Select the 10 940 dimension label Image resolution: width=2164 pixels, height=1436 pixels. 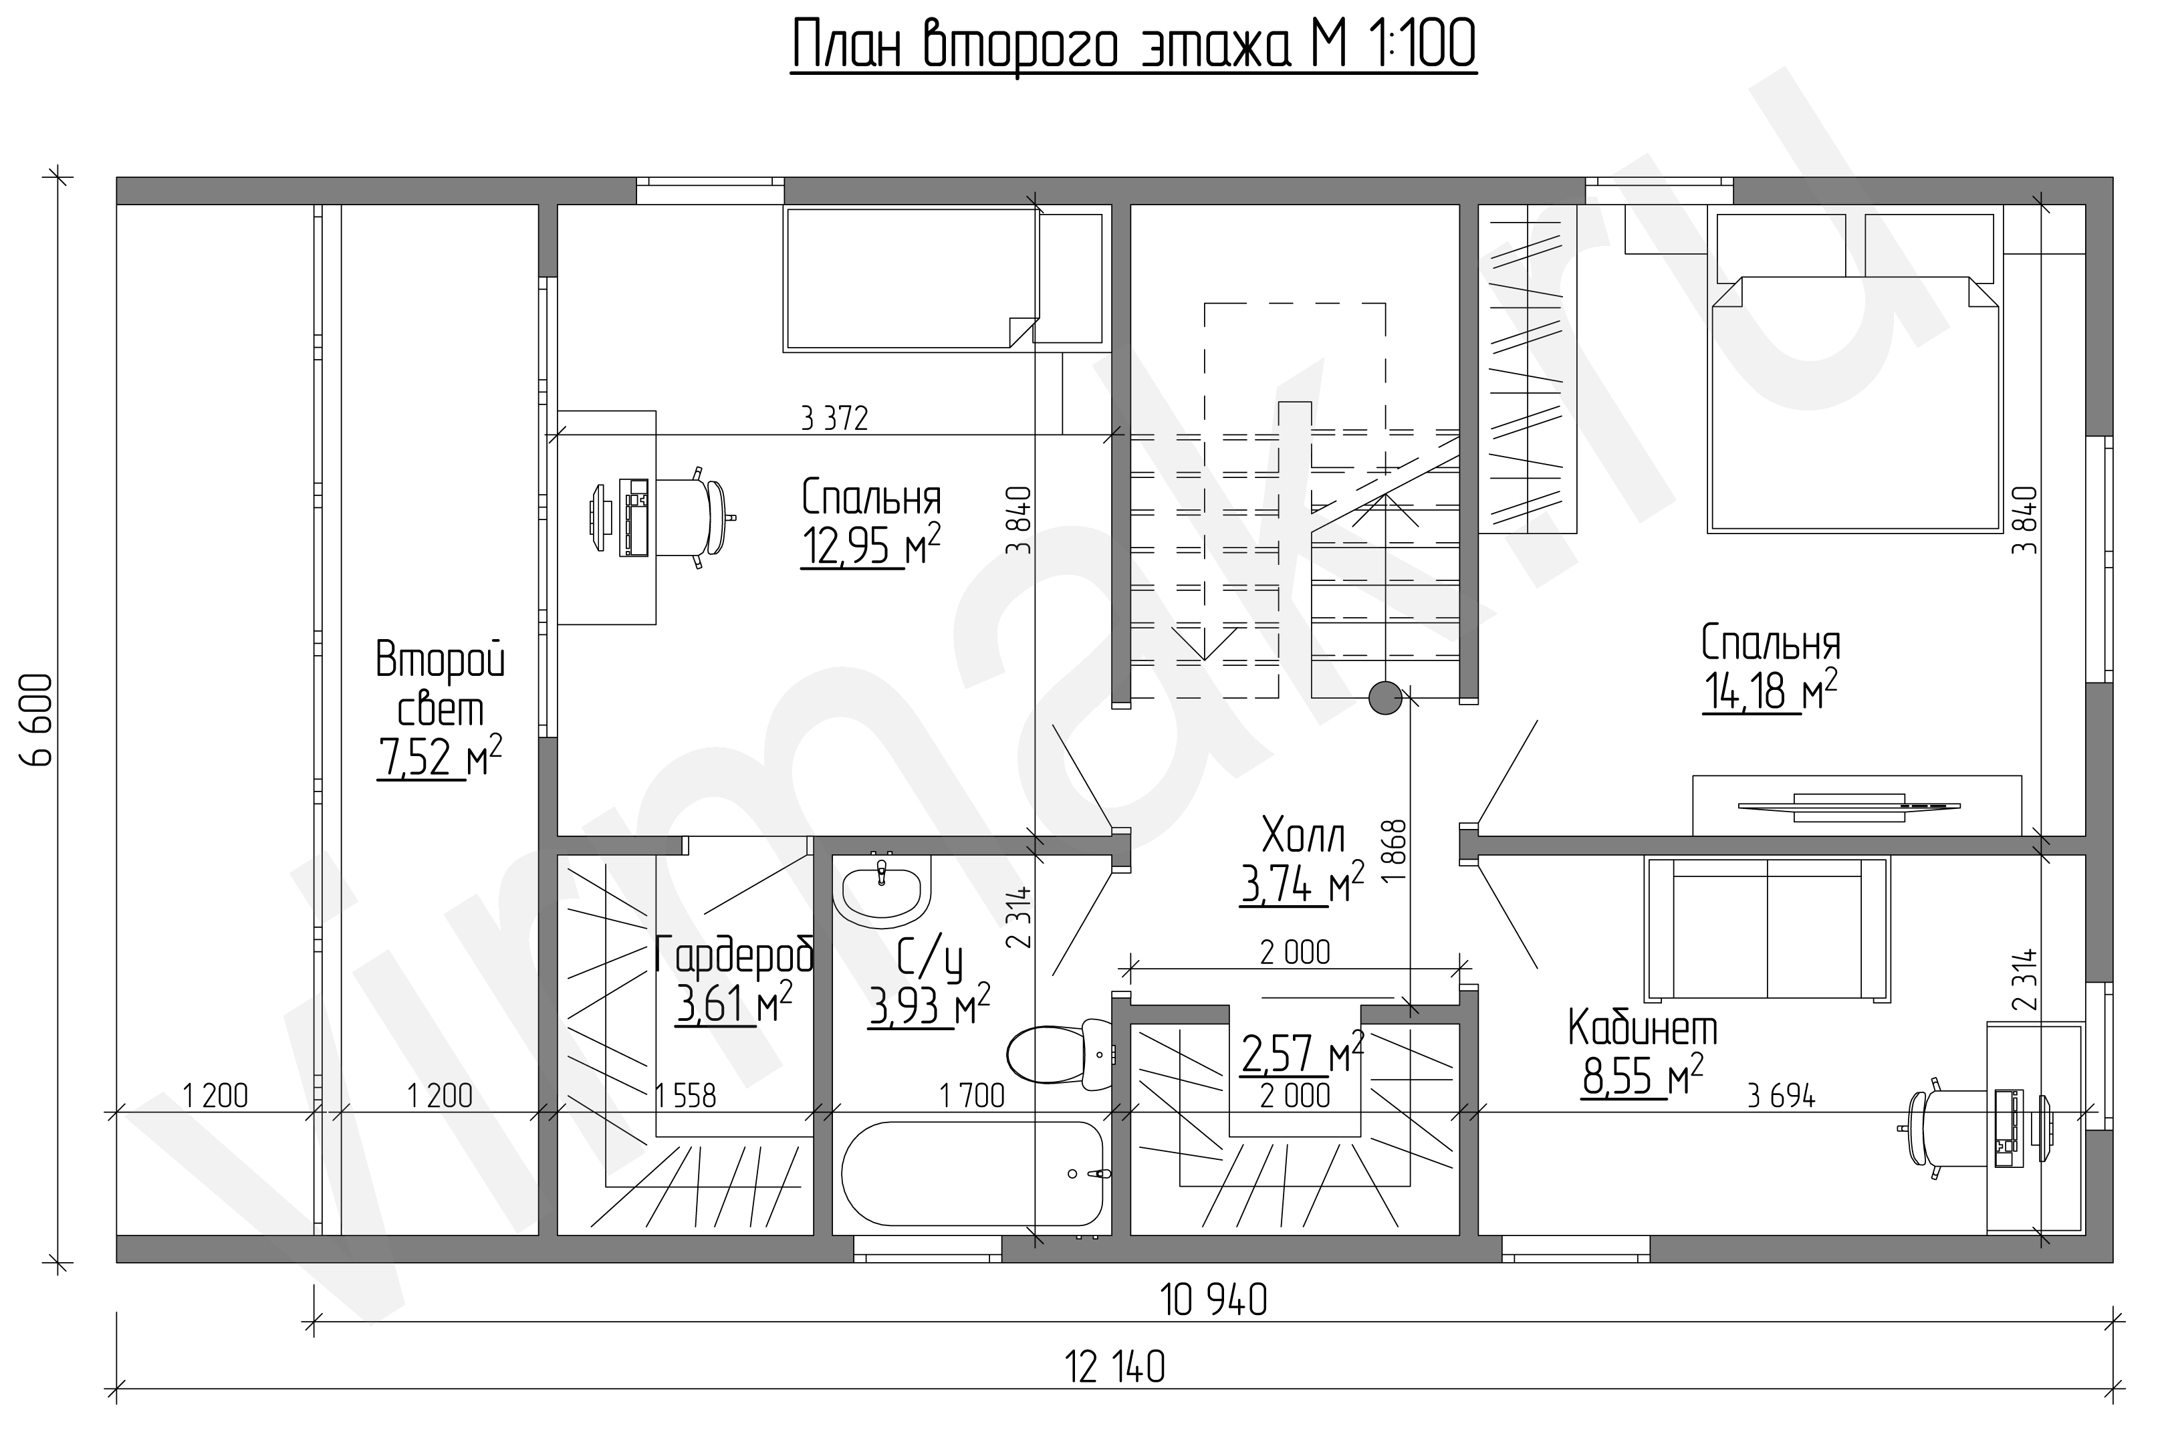[1213, 1300]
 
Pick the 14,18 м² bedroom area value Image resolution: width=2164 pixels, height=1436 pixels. [1770, 690]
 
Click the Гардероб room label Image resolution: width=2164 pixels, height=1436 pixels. [735, 955]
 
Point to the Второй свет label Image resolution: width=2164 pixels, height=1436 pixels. [441, 685]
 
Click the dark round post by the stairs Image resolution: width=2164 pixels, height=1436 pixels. [1385, 699]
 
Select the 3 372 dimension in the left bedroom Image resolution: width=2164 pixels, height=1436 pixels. [834, 418]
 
